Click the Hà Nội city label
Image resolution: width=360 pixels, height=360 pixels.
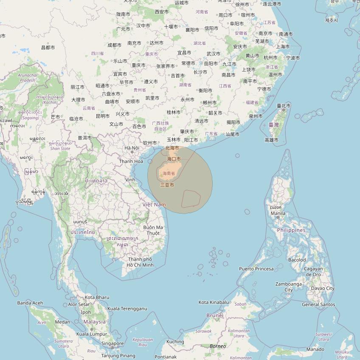132,148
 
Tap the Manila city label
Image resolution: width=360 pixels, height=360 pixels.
278,213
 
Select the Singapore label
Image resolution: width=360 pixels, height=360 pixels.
112,344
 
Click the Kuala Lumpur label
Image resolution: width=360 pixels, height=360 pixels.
92,334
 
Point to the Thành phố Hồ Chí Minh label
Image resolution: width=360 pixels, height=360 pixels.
140,262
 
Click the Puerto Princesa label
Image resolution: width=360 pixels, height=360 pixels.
256,269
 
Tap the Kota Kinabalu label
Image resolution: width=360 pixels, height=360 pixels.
214,302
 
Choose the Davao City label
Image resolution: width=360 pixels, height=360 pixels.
323,288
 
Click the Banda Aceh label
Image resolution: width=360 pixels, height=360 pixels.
30,303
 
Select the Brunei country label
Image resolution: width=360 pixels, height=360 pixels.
215,315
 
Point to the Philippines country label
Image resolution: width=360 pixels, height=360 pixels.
291,230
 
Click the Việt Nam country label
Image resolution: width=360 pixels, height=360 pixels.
154,205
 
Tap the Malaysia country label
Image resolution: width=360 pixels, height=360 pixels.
94,322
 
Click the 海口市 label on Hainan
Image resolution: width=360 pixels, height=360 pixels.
174,159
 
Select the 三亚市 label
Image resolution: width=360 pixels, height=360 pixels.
167,185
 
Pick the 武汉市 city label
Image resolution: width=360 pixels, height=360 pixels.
214,53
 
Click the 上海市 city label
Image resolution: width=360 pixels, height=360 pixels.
283,47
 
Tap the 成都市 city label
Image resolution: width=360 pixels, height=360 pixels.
115,45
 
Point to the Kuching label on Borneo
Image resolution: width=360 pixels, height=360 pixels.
175,342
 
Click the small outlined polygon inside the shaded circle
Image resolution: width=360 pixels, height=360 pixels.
191,199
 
